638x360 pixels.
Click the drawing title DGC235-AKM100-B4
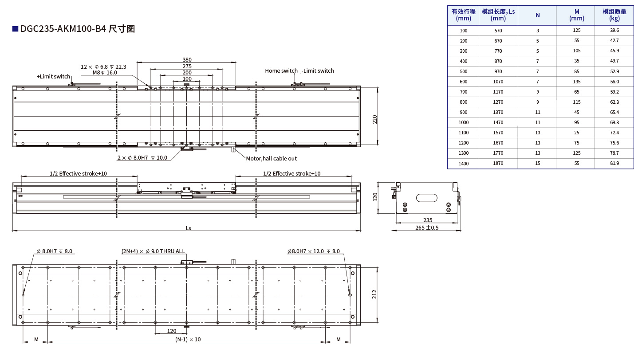[x=63, y=29]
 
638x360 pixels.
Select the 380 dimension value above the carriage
[x=187, y=59]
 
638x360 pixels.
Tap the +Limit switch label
[x=53, y=76]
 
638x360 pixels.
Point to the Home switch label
[x=281, y=70]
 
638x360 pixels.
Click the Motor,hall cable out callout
[x=271, y=159]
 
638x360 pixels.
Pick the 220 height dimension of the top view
[x=374, y=119]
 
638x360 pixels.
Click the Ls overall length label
[x=188, y=228]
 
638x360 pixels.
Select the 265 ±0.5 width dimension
[x=427, y=228]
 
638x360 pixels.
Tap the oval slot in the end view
[x=426, y=198]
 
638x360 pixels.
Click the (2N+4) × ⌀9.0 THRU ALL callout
[x=153, y=251]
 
